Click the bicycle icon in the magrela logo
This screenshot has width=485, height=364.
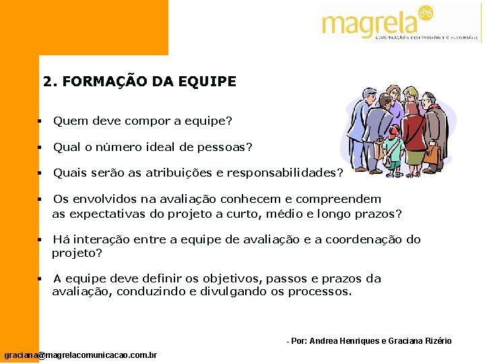[x=425, y=13]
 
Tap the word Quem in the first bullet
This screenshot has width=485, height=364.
[x=67, y=121]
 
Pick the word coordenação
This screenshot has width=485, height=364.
[x=364, y=239]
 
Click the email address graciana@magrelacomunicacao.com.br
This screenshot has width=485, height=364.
[x=81, y=355]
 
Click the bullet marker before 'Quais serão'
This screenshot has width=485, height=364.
[x=40, y=173]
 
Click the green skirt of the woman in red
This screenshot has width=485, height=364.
[x=414, y=156]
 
